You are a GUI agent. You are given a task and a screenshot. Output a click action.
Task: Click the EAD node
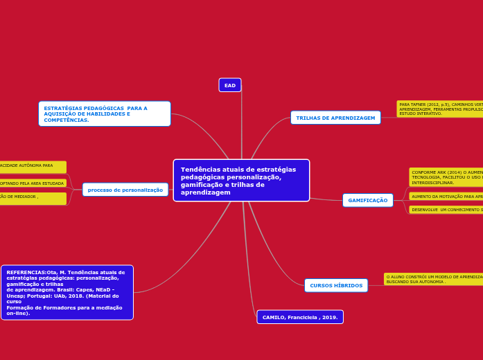click(x=230, y=85)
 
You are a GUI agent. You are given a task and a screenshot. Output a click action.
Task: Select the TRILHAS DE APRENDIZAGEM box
click(x=335, y=118)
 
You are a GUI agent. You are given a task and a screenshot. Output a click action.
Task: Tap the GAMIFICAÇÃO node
click(x=367, y=200)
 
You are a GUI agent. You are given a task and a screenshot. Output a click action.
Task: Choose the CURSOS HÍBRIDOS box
click(x=336, y=285)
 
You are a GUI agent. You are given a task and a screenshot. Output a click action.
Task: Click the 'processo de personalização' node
click(x=125, y=190)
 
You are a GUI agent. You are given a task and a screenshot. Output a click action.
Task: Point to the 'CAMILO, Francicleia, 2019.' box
click(x=300, y=317)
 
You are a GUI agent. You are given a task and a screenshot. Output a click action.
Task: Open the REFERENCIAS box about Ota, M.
click(x=67, y=292)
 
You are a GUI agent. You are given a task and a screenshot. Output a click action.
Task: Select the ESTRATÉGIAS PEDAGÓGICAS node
click(x=104, y=114)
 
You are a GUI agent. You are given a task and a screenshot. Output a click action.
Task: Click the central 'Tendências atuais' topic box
click(x=241, y=180)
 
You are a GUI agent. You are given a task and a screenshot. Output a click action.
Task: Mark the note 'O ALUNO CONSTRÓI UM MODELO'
click(x=433, y=279)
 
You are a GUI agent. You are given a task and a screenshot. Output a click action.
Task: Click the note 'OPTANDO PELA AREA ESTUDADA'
click(x=33, y=183)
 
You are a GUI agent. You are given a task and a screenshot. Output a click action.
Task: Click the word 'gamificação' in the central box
click(x=202, y=185)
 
